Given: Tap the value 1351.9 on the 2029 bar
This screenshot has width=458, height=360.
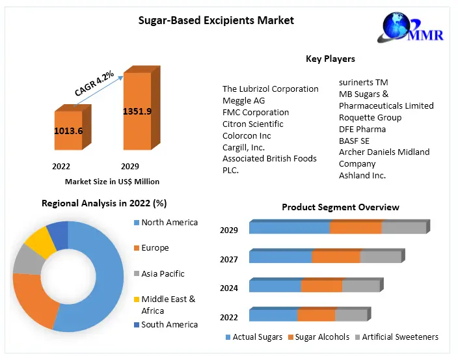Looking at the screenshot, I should (137, 111).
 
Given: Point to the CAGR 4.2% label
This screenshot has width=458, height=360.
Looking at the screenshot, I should (94, 84).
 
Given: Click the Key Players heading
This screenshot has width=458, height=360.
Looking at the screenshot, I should (330, 59).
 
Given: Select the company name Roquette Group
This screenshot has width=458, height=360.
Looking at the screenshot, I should (370, 117).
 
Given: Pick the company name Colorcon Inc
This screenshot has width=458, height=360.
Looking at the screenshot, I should (247, 135).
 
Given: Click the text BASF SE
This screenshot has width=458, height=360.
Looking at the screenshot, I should (354, 141).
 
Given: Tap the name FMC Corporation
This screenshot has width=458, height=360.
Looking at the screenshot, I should (256, 112).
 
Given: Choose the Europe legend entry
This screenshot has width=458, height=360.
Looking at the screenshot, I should (155, 248).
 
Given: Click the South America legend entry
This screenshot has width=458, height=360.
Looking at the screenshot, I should (169, 324).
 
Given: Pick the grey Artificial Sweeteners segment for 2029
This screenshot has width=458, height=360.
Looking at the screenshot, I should (403, 228).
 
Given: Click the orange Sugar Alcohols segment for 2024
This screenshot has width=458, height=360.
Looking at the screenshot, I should (321, 286).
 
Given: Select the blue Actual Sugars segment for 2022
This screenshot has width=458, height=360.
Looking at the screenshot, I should (273, 316).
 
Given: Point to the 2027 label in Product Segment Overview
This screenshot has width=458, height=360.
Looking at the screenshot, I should (229, 259).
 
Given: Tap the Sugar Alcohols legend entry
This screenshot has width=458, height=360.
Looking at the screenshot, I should (322, 337).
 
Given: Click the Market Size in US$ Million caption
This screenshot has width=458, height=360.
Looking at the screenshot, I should (112, 182).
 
